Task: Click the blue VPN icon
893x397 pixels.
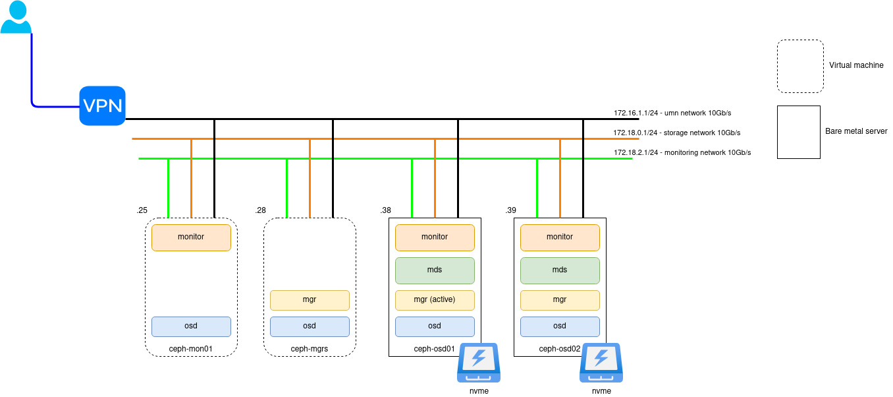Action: pyautogui.click(x=102, y=106)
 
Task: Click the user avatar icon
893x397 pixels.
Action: pyautogui.click(x=16, y=18)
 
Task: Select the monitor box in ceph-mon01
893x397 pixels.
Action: pyautogui.click(x=191, y=237)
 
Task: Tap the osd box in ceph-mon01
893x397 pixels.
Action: pyautogui.click(x=191, y=326)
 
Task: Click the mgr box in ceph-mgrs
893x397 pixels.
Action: pyautogui.click(x=310, y=300)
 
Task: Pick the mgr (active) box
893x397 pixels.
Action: pyautogui.click(x=435, y=300)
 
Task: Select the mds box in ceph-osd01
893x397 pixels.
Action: pyautogui.click(x=435, y=270)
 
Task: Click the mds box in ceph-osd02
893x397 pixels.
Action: pyautogui.click(x=560, y=270)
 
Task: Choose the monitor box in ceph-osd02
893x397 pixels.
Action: pyautogui.click(x=560, y=237)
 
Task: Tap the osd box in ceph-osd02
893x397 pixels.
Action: pyautogui.click(x=560, y=326)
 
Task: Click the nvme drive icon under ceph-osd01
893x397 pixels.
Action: pyautogui.click(x=479, y=363)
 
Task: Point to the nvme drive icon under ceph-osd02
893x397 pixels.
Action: pyautogui.click(x=601, y=363)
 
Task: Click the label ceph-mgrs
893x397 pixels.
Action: pyautogui.click(x=310, y=349)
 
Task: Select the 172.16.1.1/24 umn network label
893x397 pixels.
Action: pyautogui.click(x=682, y=113)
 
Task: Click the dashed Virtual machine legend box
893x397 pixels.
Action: pyautogui.click(x=800, y=66)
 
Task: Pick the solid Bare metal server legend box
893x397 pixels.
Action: pyautogui.click(x=798, y=132)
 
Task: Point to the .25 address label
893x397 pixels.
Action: pyautogui.click(x=142, y=210)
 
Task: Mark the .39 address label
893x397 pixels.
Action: pyautogui.click(x=510, y=210)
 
